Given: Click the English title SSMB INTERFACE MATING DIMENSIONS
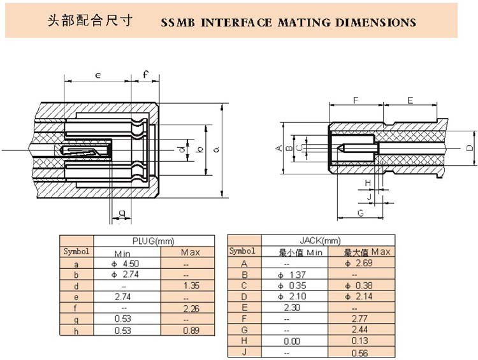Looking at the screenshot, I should [x=288, y=23].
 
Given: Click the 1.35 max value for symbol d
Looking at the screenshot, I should [x=191, y=286].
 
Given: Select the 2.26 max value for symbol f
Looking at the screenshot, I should [x=191, y=308].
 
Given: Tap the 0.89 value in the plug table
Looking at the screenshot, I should [x=191, y=331].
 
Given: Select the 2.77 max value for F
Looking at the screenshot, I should [x=361, y=319].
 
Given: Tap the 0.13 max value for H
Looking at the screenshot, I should [x=361, y=341].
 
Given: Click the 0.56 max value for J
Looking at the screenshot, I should [x=361, y=352].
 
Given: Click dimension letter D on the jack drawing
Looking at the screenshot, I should [x=469, y=148].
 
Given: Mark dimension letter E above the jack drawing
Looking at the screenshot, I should [x=410, y=101].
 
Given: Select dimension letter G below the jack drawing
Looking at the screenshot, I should [x=360, y=213].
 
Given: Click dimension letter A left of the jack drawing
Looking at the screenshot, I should [x=278, y=148].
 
